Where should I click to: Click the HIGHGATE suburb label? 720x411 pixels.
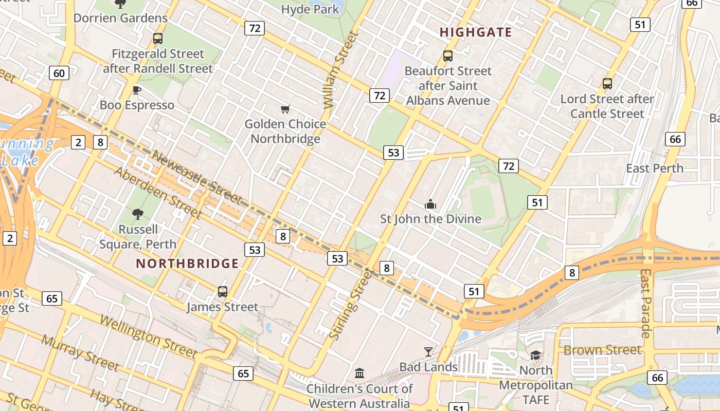point(476,32)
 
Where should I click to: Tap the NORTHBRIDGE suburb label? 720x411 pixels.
point(187,264)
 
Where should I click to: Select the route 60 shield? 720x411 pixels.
point(59,73)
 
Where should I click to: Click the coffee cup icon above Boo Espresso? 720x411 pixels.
point(137,90)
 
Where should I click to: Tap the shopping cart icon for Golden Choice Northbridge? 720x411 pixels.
point(285,109)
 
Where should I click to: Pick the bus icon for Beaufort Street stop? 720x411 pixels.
point(448,56)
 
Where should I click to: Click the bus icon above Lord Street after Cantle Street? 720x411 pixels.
point(607,84)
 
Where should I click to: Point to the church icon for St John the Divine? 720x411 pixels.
point(430,204)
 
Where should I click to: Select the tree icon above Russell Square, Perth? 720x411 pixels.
point(137,214)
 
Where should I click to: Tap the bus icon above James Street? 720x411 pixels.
point(222,292)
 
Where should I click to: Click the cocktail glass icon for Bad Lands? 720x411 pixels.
point(428,352)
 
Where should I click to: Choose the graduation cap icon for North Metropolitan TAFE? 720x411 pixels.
point(535,356)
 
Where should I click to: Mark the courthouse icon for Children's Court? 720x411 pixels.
point(359,373)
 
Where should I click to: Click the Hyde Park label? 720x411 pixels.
point(310,9)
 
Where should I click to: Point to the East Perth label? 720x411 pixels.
point(654,169)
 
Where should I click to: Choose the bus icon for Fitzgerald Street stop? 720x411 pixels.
point(158,39)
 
